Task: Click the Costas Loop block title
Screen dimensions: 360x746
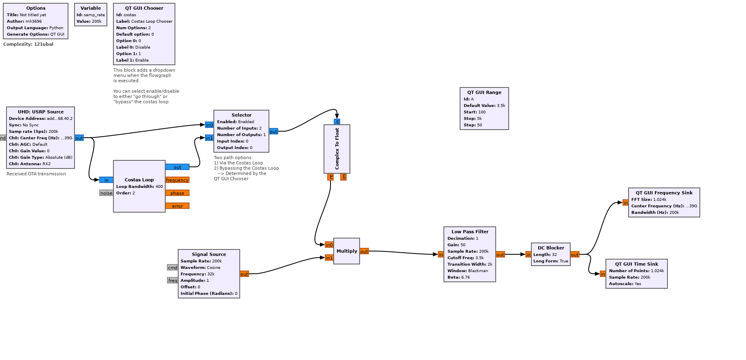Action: [139, 180]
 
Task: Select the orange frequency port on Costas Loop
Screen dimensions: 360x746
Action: [177, 180]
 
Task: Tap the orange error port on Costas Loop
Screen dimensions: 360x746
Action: [177, 206]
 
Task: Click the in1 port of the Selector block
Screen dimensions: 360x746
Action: [209, 138]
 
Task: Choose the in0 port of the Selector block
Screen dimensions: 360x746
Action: [209, 125]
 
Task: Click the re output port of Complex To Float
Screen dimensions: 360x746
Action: [330, 177]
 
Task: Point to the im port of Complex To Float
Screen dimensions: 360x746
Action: [343, 177]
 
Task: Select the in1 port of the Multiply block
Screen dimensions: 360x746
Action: [329, 258]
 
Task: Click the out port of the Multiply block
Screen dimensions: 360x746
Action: [364, 251]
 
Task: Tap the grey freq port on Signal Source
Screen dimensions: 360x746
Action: [173, 281]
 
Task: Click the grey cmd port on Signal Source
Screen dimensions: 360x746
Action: [173, 268]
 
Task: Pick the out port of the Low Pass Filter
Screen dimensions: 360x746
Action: [500, 255]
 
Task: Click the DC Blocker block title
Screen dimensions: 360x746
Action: [551, 248]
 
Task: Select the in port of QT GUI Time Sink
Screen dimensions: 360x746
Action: [603, 274]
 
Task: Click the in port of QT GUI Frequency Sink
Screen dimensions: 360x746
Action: [625, 203]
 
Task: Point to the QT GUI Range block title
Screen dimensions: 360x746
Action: [484, 92]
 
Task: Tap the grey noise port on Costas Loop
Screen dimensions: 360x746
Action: [106, 193]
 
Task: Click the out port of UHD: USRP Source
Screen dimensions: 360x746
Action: [79, 138]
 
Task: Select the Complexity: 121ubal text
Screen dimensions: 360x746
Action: [28, 44]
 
